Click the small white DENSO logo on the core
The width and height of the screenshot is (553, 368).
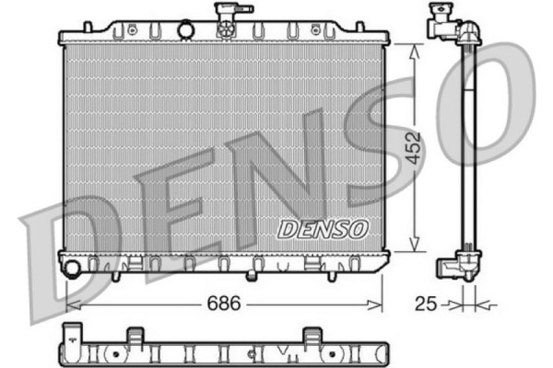(322, 227)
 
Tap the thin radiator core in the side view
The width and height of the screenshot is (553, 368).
(468, 147)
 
